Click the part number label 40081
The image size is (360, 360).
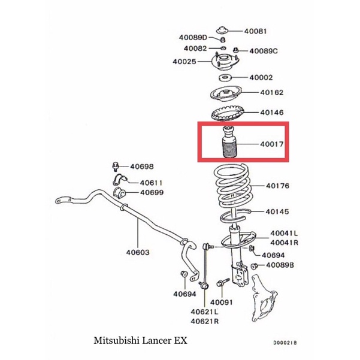(x=255, y=31)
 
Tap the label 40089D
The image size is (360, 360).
(x=193, y=37)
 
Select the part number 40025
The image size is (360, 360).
(x=184, y=62)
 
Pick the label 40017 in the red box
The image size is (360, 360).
(x=272, y=144)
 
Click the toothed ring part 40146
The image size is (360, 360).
(x=227, y=113)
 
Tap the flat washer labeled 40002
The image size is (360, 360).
(x=225, y=78)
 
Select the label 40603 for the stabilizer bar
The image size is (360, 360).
(x=138, y=252)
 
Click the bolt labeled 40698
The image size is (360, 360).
(x=116, y=167)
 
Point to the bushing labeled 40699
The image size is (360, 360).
(x=119, y=193)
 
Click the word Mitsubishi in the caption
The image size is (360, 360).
(x=117, y=340)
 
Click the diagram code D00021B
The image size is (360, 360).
(x=285, y=343)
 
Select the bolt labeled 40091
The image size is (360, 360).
(x=223, y=283)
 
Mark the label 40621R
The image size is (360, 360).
(x=205, y=321)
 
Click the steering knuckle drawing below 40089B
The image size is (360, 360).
(x=264, y=298)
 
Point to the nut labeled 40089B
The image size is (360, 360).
(x=254, y=267)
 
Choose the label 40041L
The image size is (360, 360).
(x=284, y=233)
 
